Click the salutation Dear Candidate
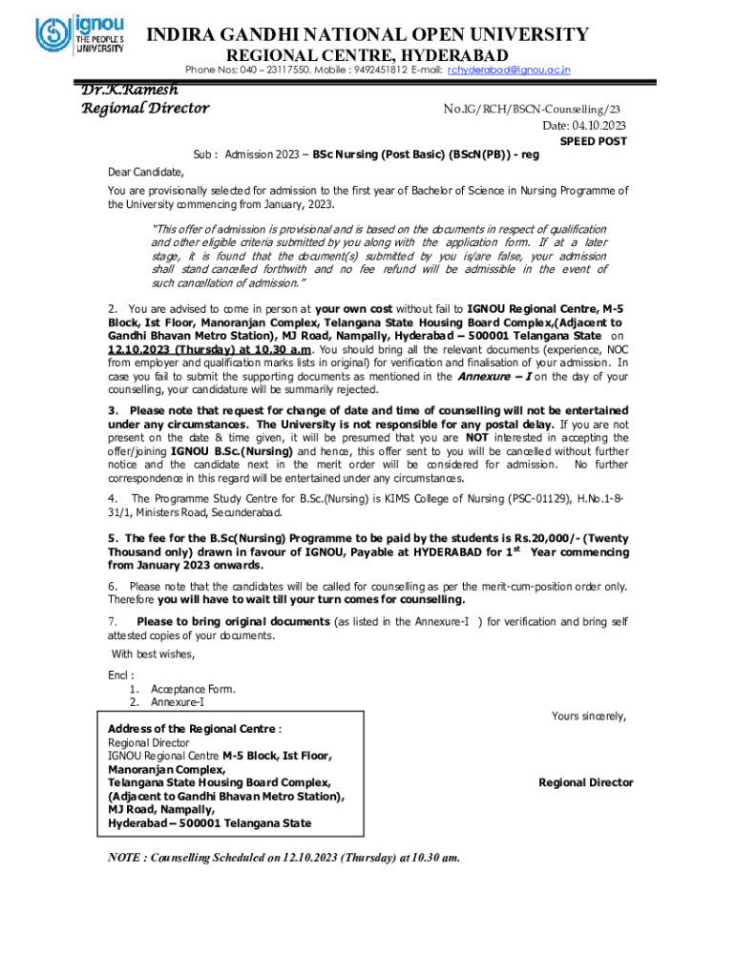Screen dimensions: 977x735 (x=143, y=173)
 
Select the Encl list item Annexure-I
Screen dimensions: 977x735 (x=177, y=702)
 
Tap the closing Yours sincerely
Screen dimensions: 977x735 (x=589, y=716)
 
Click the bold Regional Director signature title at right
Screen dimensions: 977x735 (x=585, y=782)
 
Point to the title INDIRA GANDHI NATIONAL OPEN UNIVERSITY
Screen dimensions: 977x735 (x=366, y=35)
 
